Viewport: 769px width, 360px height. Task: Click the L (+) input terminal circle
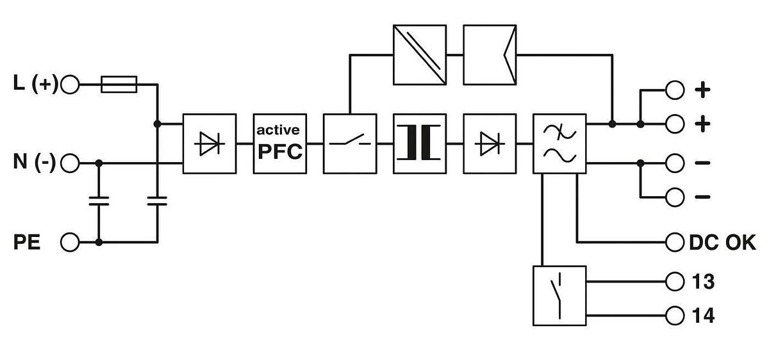[x=70, y=85]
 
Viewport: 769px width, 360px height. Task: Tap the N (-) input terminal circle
[x=70, y=163]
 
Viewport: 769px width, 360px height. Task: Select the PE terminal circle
[x=70, y=242]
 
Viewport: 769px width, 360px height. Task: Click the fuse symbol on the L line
[x=119, y=85]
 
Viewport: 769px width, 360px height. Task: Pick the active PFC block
[x=280, y=143]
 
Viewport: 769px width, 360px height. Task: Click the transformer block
[x=420, y=143]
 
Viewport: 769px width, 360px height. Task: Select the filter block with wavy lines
[x=559, y=143]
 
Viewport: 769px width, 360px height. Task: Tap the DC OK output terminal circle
[x=675, y=242]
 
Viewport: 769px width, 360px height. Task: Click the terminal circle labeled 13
[x=675, y=282]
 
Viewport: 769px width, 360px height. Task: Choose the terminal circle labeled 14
[x=675, y=316]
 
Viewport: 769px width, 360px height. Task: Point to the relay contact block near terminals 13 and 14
[x=559, y=296]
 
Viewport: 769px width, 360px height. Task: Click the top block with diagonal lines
[x=420, y=55]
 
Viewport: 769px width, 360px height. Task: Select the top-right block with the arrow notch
[x=490, y=55]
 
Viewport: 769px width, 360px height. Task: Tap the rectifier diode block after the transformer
[x=490, y=143]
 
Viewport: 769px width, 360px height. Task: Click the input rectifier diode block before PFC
[x=210, y=143]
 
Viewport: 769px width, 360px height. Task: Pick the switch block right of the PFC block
[x=350, y=143]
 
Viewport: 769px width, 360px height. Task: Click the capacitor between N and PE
[x=99, y=201]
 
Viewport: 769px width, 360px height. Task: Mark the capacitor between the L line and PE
[x=157, y=201]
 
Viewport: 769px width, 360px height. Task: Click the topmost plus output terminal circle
[x=675, y=90]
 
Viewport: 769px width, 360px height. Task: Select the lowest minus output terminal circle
[x=675, y=197]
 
